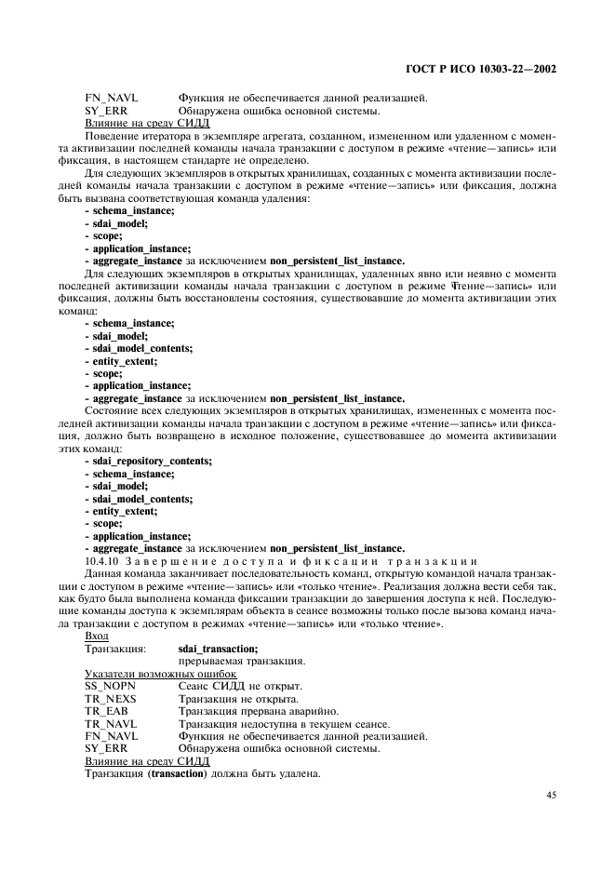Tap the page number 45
coord(551,795)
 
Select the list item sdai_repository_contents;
coord(148,461)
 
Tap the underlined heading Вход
coord(97,636)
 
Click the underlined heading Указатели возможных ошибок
coord(160,674)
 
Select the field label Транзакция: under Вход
coord(115,649)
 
